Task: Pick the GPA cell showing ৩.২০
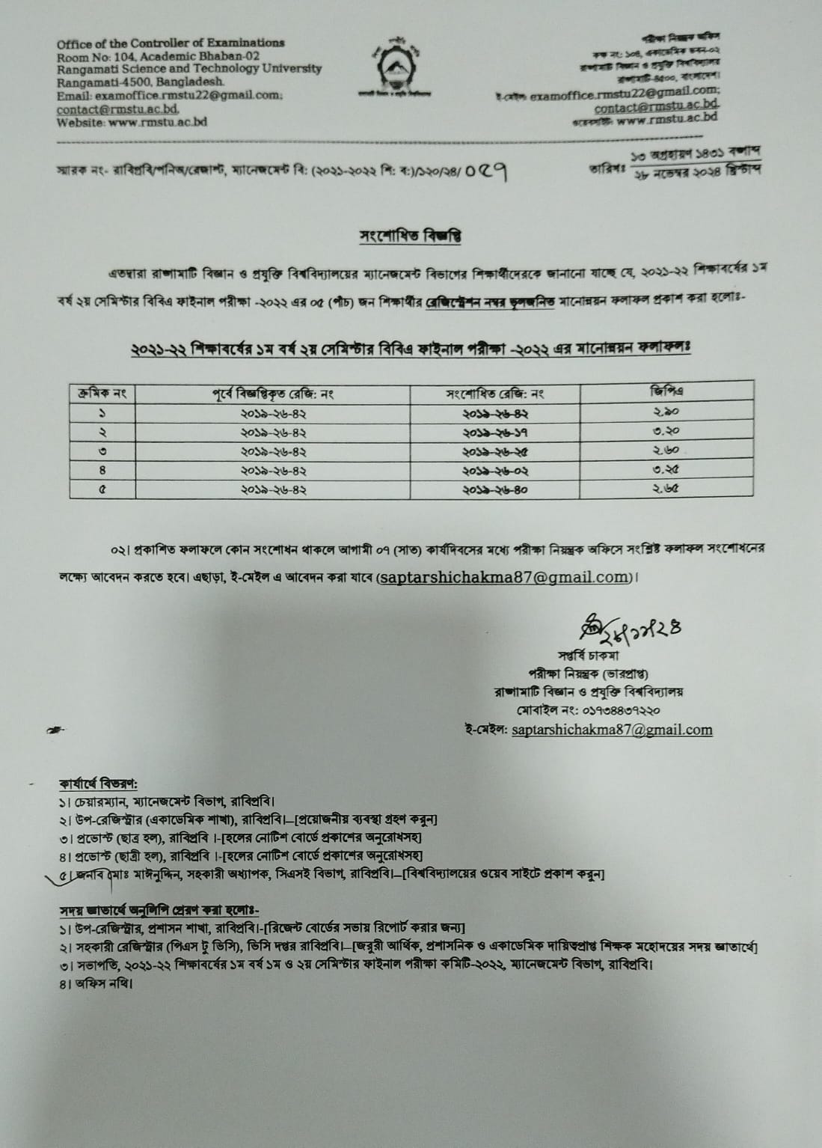[x=665, y=431]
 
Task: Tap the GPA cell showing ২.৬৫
[x=665, y=489]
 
